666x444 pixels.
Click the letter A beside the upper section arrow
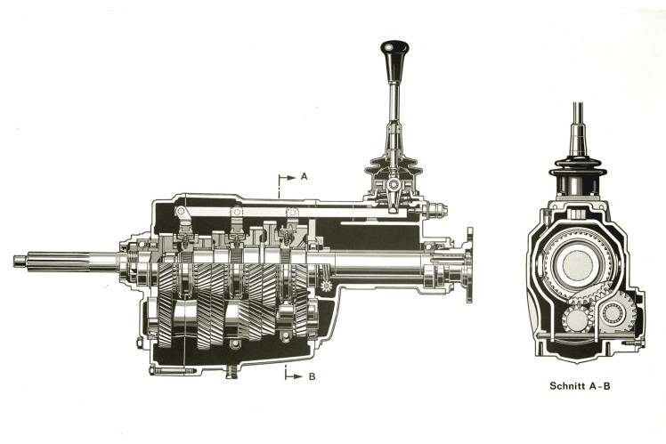pos(304,176)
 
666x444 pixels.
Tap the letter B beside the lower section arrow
pos(311,375)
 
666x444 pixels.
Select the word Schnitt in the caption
pos(569,387)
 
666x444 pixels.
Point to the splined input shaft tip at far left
pos(20,261)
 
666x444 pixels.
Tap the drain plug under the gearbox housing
pos(231,370)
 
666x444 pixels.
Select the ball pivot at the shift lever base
pos(393,184)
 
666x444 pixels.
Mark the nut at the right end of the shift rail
pos(438,210)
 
